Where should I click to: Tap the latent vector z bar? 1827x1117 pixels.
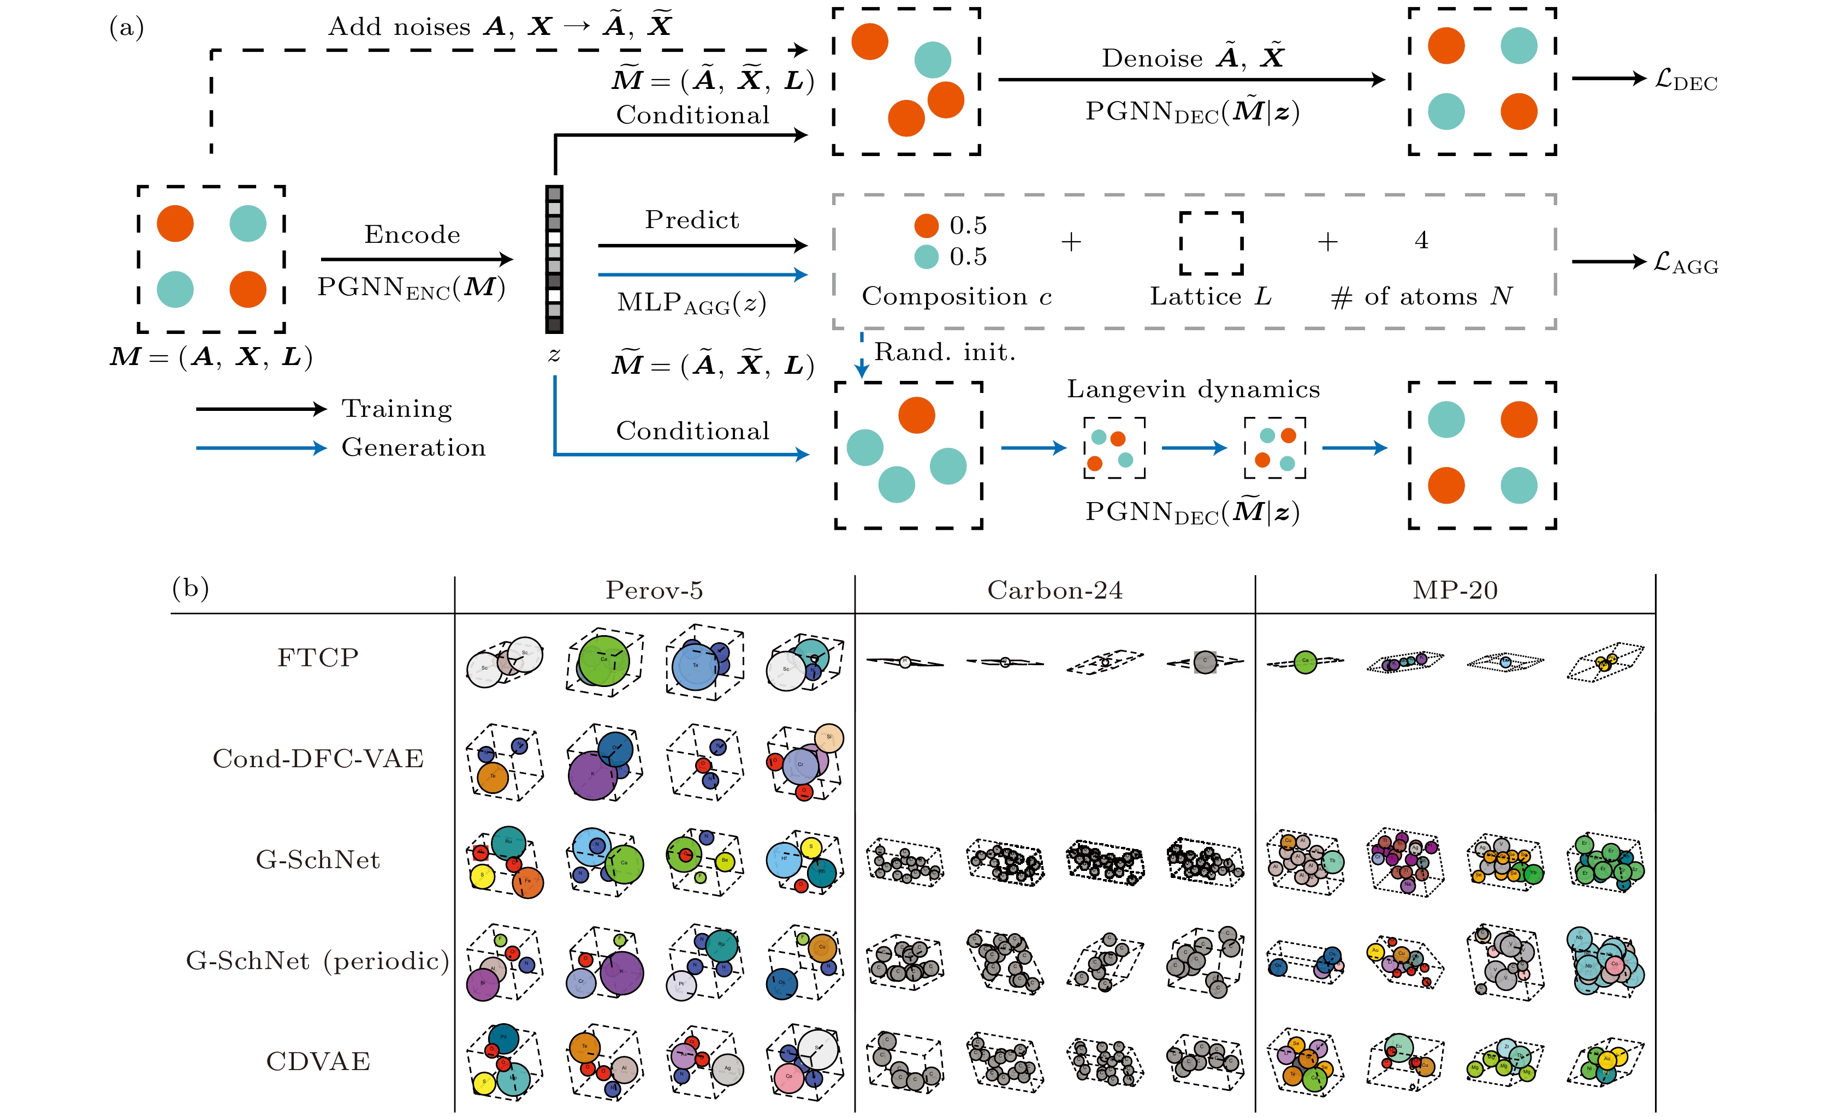pos(554,259)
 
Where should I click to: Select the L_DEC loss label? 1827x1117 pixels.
pos(1686,80)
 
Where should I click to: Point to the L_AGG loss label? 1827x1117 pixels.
pos(1686,264)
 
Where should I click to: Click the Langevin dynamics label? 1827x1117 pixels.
pos(1193,389)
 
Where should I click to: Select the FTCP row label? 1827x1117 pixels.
pos(318,658)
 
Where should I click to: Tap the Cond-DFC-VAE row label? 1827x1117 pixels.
pos(318,758)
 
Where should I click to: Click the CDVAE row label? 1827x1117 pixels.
pos(318,1061)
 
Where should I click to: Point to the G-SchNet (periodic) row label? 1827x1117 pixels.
pos(318,960)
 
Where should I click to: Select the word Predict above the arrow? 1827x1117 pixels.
pos(692,220)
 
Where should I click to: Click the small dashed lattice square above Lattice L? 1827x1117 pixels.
pos(1211,243)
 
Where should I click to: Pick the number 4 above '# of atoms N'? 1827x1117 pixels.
pos(1421,240)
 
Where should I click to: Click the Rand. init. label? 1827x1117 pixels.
pos(945,352)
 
